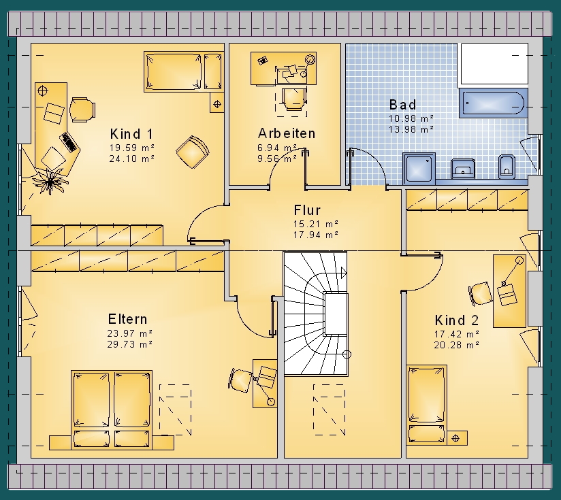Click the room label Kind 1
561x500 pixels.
pyautogui.click(x=131, y=134)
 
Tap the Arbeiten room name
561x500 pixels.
pyautogui.click(x=287, y=133)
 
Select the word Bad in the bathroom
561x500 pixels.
pyautogui.click(x=403, y=105)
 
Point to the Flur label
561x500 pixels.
pyautogui.click(x=307, y=210)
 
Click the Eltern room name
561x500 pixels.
pyautogui.click(x=127, y=319)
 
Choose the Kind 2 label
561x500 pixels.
pyautogui.click(x=457, y=320)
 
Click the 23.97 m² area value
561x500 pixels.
pyautogui.click(x=130, y=333)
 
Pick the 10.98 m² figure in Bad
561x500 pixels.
pyautogui.click(x=411, y=118)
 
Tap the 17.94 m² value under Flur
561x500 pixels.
pyautogui.click(x=316, y=235)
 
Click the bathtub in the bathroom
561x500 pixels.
pyautogui.click(x=493, y=103)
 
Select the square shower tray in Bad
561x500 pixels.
pyautogui.click(x=419, y=168)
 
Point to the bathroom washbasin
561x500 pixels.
pyautogui.click(x=463, y=168)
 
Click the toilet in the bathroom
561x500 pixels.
pyautogui.click(x=507, y=167)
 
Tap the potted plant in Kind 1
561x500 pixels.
pyautogui.click(x=50, y=180)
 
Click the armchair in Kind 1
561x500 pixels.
pyautogui.click(x=193, y=152)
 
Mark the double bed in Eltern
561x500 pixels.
pyautogui.click(x=112, y=410)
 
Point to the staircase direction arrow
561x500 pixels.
pyautogui.click(x=343, y=273)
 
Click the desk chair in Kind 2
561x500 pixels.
pyautogui.click(x=480, y=294)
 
